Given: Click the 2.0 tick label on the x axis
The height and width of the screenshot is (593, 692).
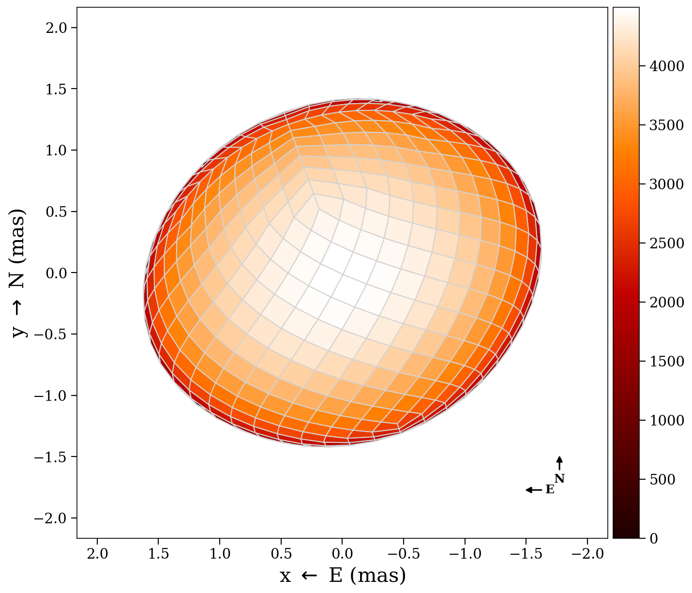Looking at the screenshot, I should point(97,554).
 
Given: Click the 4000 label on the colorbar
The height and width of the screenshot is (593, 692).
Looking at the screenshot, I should point(666,66).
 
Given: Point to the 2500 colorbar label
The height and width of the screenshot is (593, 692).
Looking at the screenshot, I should point(666,243).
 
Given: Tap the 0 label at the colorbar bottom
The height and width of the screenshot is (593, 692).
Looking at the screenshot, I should point(653,538).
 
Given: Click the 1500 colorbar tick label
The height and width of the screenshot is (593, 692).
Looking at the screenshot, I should point(666,362).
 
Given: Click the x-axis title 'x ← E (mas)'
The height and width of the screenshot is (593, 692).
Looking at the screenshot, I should point(343,576).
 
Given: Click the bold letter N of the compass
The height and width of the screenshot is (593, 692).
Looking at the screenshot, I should point(559,479).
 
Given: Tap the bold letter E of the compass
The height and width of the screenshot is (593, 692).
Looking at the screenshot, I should point(550,490).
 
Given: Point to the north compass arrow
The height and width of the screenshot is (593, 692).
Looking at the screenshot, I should point(559,463).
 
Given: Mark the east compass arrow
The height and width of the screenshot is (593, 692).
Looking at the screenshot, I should point(534,490).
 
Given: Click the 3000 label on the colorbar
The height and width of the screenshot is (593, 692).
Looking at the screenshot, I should point(666,184).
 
